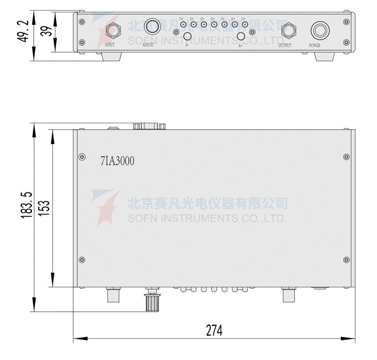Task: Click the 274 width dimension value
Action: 214,330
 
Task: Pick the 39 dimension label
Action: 45,31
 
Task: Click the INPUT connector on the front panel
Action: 111,31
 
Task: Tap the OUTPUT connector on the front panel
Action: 288,31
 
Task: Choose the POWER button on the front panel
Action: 318,31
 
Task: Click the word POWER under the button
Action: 315,46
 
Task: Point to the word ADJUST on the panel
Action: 148,46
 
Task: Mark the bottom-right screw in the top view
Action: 346,260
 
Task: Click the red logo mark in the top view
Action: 106,206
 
